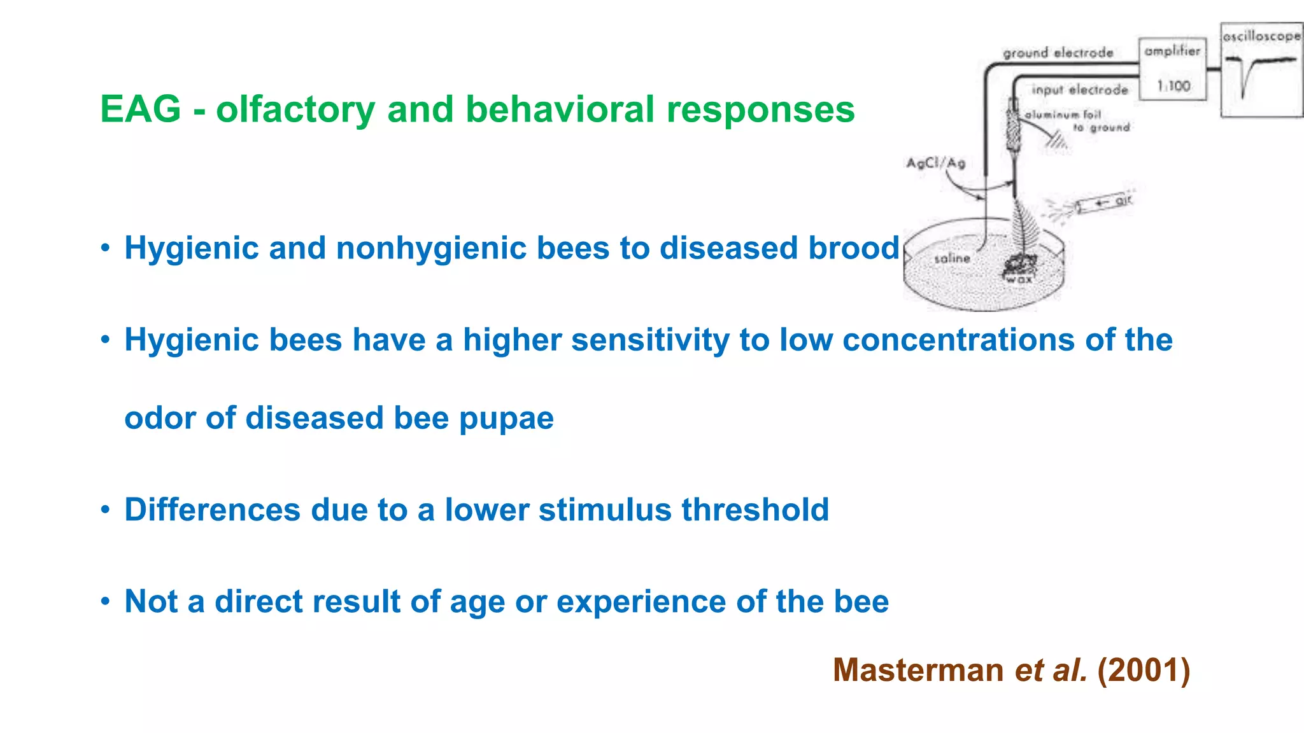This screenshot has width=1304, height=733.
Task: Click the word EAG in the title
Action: [x=140, y=109]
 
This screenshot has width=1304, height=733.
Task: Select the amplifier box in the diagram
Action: [x=1172, y=69]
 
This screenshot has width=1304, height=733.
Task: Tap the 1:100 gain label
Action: [x=1173, y=86]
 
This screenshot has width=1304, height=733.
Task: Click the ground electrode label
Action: [x=1058, y=53]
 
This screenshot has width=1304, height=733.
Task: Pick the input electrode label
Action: [x=1079, y=90]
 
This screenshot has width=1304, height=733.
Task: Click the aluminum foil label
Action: [x=1063, y=115]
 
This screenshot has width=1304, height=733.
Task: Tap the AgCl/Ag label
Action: [x=935, y=163]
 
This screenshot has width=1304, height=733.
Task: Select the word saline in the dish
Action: [x=952, y=258]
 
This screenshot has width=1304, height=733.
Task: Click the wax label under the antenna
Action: [x=1019, y=279]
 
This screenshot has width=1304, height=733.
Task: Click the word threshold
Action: [x=755, y=510]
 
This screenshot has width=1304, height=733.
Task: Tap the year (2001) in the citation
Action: [x=1144, y=670]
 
